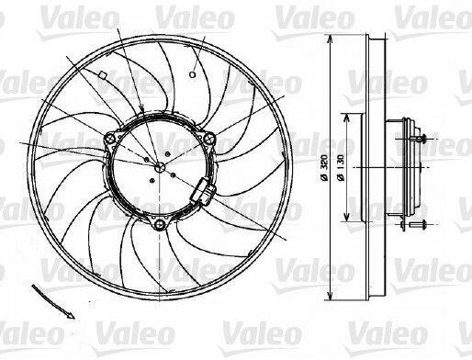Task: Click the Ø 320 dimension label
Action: (x=324, y=168)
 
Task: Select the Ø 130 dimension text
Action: (x=341, y=168)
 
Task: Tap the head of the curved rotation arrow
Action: (x=70, y=315)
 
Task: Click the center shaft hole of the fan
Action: (x=160, y=167)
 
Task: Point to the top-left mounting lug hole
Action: (x=110, y=139)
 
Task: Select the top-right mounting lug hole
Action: (x=208, y=139)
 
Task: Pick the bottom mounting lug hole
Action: (x=160, y=224)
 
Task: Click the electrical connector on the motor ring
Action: (x=203, y=191)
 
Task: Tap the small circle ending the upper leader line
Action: (x=192, y=74)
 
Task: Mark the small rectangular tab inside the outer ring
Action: (x=102, y=74)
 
